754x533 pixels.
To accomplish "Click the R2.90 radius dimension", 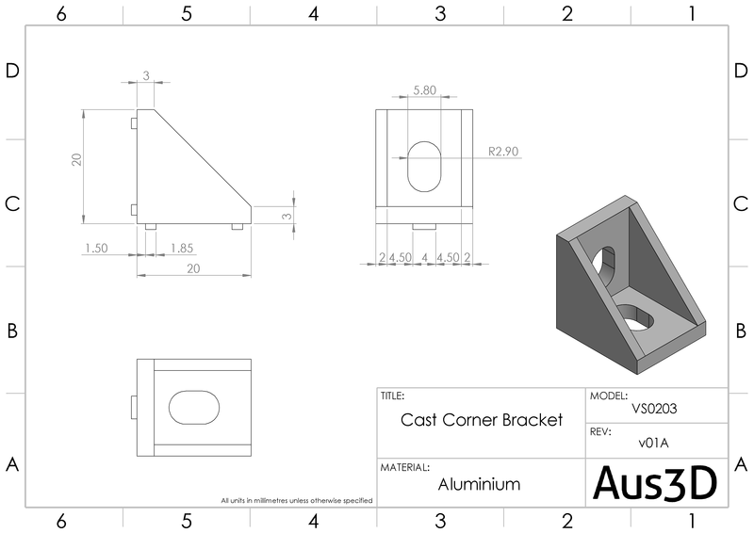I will coord(503,151).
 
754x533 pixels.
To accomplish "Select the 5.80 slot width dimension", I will coord(424,91).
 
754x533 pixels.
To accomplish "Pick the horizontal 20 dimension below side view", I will coord(193,268).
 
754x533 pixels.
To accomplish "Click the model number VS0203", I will coord(657,410).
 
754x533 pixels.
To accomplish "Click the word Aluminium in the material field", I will coord(480,484).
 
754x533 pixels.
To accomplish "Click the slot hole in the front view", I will coord(424,166).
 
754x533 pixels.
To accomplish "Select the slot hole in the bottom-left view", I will coord(194,407).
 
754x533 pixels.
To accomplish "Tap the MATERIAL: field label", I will coord(405,467).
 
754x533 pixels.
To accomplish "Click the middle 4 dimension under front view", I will coord(425,257).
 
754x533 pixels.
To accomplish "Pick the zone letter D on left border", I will coord(13,73).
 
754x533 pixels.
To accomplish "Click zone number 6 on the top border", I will coord(61,13).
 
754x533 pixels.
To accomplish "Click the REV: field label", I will coord(600,431).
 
